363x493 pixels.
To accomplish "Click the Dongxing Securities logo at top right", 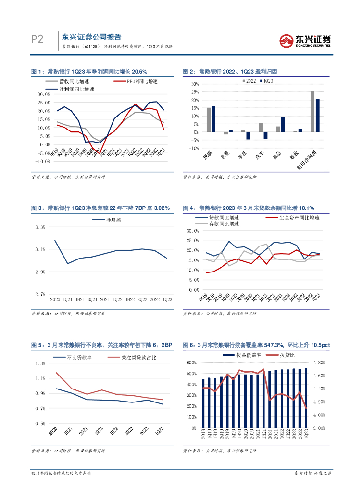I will [x=305, y=40].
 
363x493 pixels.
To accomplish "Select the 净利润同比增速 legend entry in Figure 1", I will [x=77, y=89].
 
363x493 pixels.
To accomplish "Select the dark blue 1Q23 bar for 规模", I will [x=213, y=119].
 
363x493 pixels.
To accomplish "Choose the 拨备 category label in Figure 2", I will [x=279, y=156].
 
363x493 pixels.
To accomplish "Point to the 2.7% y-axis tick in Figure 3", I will [x=39, y=294].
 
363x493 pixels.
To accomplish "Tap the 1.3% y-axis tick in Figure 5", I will [x=40, y=363].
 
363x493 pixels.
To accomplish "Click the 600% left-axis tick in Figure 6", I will [x=191, y=363].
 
